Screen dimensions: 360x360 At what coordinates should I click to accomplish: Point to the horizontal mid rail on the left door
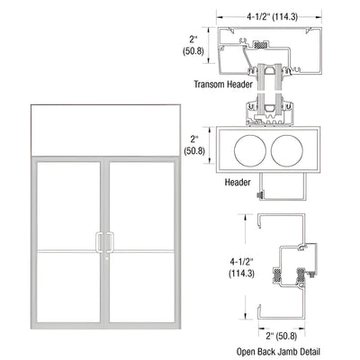[69, 248]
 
